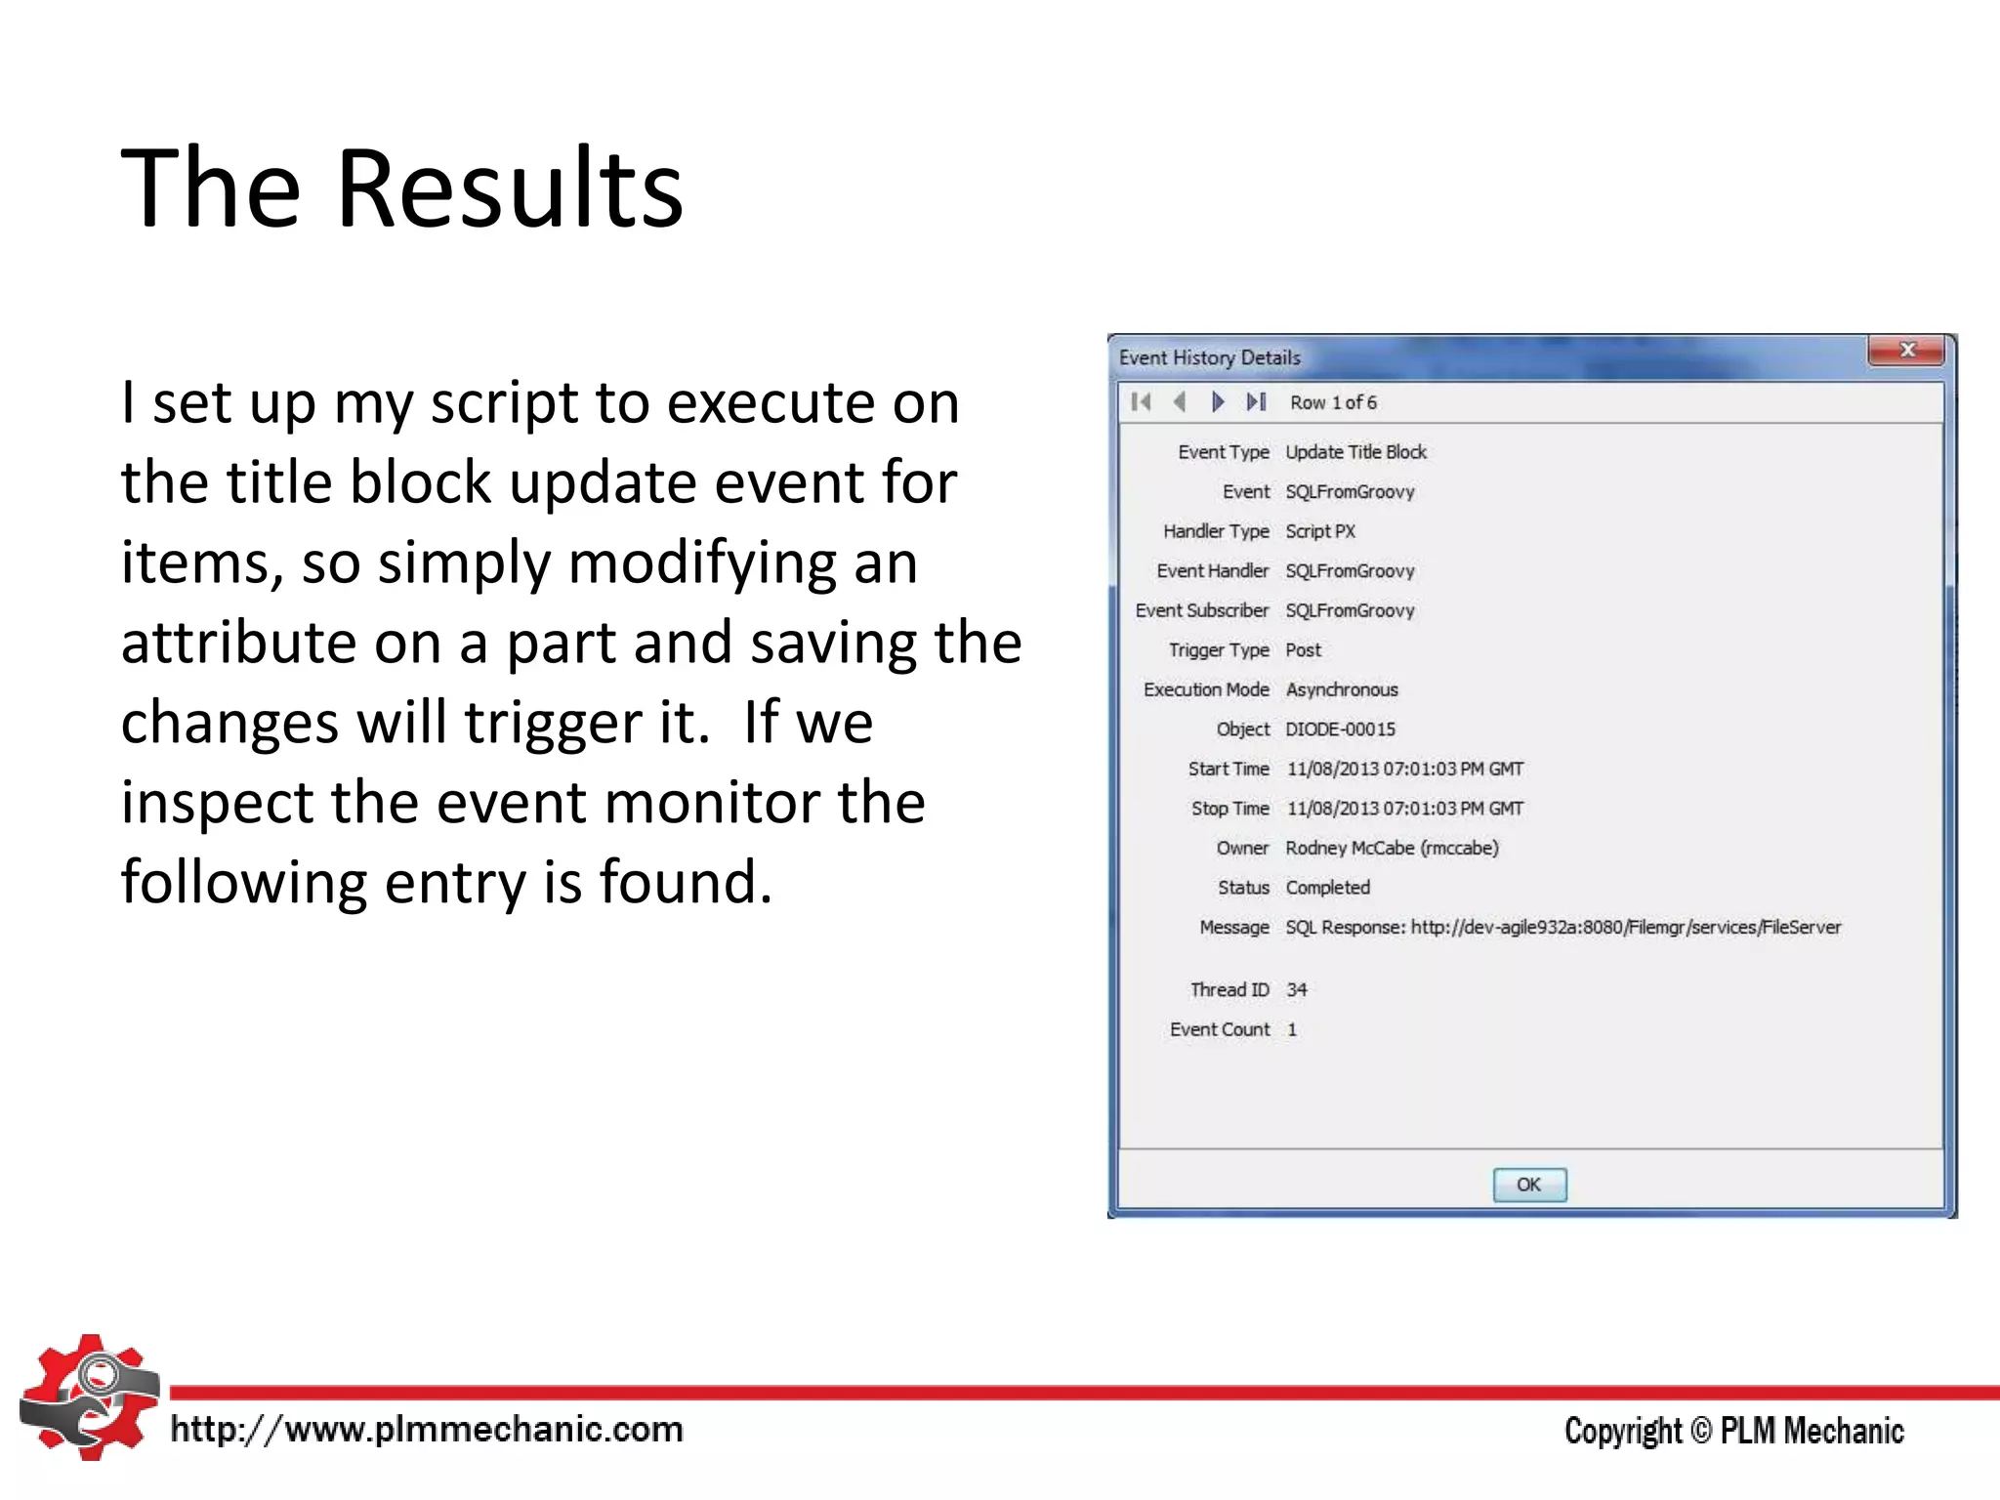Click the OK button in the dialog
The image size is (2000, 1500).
click(1529, 1185)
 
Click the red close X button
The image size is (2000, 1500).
click(1906, 350)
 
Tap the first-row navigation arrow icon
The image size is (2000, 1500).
click(1141, 402)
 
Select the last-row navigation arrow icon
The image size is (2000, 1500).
click(1257, 402)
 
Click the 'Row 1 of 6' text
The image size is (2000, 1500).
click(1333, 402)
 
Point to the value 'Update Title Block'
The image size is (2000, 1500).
click(1355, 452)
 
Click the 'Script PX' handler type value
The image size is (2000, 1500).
click(1320, 531)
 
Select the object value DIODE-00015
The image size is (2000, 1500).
click(1340, 729)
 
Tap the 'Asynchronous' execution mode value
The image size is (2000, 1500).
click(1342, 689)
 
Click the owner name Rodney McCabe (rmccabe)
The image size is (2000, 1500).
click(1392, 848)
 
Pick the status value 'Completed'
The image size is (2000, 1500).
click(1327, 888)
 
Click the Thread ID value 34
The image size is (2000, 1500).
click(1296, 990)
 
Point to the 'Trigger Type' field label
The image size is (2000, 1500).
click(1219, 650)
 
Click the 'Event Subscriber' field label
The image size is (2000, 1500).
click(1201, 610)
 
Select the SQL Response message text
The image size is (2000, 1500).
click(1562, 928)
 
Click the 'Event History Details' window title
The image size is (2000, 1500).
click(1209, 357)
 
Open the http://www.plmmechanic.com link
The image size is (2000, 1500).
click(427, 1430)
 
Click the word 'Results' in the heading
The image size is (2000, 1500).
click(509, 187)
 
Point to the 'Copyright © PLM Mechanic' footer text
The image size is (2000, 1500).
click(1733, 1431)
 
